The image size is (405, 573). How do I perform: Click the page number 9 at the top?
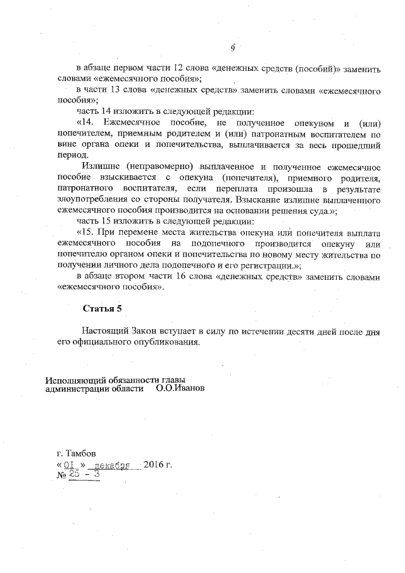coord(232,48)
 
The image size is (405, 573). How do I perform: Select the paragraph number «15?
coord(85,232)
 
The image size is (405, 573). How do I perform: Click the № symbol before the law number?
coord(61,476)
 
